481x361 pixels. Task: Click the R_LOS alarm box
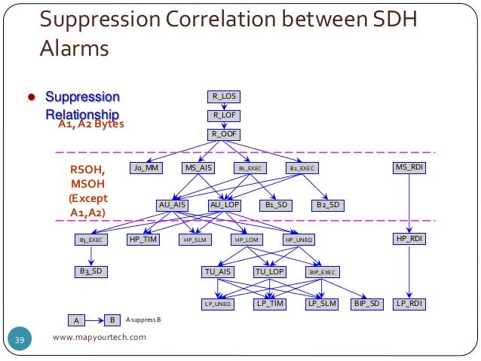tap(225, 96)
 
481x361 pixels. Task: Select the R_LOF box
tap(225, 115)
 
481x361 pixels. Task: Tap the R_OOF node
tap(225, 134)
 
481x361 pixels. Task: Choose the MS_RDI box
tap(409, 167)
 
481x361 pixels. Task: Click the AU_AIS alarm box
tap(173, 204)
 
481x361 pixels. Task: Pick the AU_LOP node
tap(225, 204)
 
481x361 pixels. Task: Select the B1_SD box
tap(279, 204)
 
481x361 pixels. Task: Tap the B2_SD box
tap(329, 204)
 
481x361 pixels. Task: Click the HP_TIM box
tap(143, 239)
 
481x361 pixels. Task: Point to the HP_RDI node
tap(409, 239)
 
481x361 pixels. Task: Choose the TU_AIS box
tap(219, 271)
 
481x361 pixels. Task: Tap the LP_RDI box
tap(409, 304)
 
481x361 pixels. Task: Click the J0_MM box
tap(146, 167)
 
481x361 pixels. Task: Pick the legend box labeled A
tap(76, 320)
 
